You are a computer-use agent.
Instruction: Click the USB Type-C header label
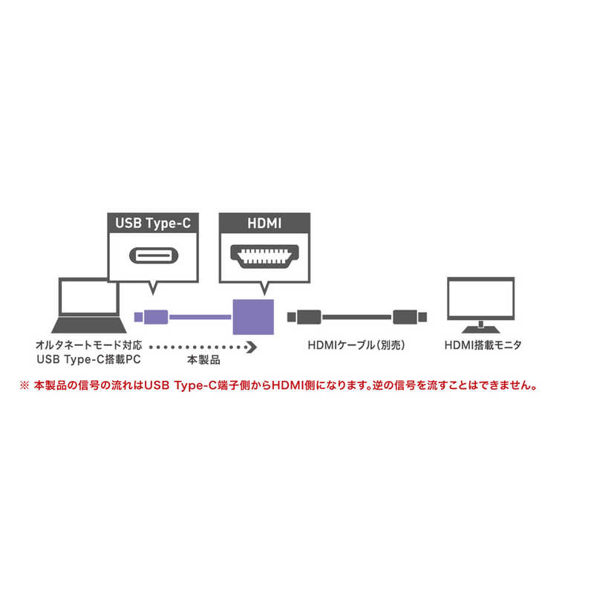pyautogui.click(x=154, y=222)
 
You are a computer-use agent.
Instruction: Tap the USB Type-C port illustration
pyautogui.click(x=154, y=256)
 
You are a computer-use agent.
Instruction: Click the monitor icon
pyautogui.click(x=480, y=304)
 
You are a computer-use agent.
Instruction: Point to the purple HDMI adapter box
pyautogui.click(x=254, y=317)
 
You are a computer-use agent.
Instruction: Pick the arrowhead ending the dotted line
pyautogui.click(x=252, y=346)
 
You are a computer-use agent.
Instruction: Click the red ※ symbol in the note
pyautogui.click(x=62, y=386)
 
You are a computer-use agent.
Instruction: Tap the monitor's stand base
pyautogui.click(x=480, y=328)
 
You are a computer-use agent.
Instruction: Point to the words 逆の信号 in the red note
pyautogui.click(x=410, y=386)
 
